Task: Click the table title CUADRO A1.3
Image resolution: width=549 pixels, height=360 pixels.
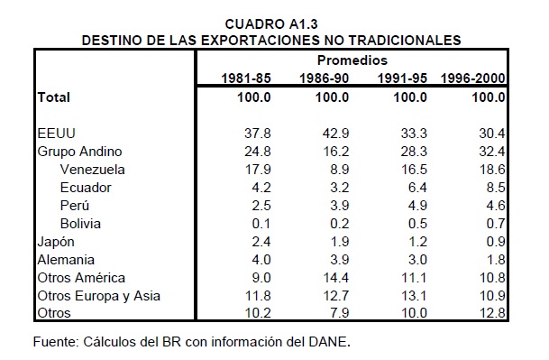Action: tap(271, 24)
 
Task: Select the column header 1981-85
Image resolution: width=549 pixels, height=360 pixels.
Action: tap(246, 78)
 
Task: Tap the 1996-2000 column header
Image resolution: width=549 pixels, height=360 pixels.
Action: tap(472, 78)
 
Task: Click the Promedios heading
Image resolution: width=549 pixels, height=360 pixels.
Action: tap(352, 60)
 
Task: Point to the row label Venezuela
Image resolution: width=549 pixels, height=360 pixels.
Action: tap(93, 170)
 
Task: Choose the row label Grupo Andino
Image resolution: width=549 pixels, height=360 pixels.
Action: tap(80, 152)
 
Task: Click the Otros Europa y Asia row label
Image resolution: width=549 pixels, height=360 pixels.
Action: tap(99, 296)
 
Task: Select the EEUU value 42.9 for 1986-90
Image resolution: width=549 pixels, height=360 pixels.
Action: tap(335, 134)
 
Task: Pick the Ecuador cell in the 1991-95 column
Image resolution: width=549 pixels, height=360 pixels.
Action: tap(417, 188)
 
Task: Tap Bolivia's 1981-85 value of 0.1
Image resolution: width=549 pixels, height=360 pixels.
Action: tap(261, 224)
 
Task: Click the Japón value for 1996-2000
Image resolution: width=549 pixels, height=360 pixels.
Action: tap(496, 242)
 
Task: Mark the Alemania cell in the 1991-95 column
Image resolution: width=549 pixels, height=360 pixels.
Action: tap(417, 260)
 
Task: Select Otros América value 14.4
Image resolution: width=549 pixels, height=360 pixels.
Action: tap(335, 278)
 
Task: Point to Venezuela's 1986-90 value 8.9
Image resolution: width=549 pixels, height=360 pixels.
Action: tap(340, 170)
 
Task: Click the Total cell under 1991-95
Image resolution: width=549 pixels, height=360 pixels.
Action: tap(410, 97)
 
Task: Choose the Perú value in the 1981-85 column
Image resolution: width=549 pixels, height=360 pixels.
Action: tap(261, 206)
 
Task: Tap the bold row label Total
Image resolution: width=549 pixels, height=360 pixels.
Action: tap(54, 97)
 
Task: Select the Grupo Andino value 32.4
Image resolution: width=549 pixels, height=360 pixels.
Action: tap(492, 152)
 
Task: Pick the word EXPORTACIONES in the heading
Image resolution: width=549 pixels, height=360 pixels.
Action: tap(261, 41)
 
